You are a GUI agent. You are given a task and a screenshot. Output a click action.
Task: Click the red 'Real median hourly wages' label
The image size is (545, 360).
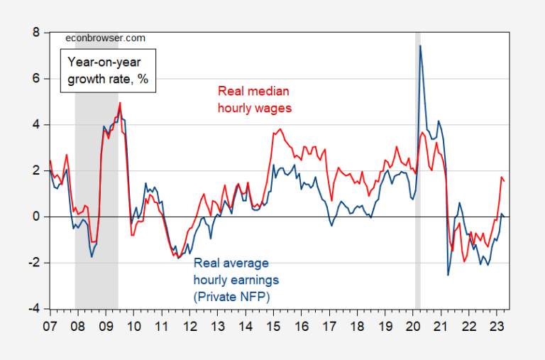[255, 99]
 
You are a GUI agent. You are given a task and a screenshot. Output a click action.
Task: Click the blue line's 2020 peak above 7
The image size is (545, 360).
[420, 46]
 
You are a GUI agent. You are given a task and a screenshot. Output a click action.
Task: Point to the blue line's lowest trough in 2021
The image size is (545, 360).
[448, 275]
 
